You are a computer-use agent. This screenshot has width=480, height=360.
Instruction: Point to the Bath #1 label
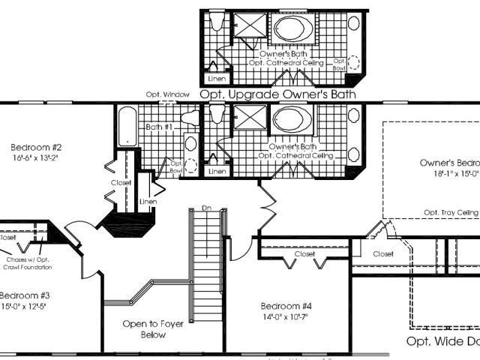160,127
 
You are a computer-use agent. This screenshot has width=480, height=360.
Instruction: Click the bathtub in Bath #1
127,126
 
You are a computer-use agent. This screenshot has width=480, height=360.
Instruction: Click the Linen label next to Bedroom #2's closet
148,202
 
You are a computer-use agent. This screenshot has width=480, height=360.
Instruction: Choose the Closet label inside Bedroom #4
304,254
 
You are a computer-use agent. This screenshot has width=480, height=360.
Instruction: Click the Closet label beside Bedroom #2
121,182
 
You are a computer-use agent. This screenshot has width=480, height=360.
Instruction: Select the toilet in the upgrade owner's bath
217,23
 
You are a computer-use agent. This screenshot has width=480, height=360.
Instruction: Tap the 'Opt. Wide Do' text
442,341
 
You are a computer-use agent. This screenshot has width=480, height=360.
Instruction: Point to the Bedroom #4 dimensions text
284,317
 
